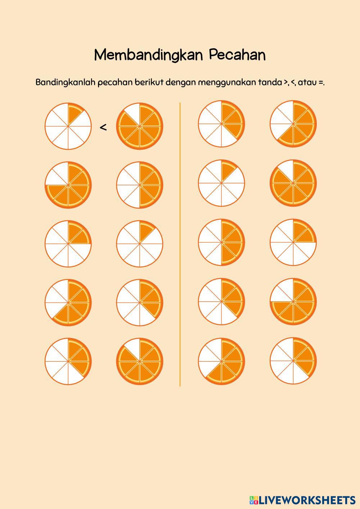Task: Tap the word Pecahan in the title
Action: [237, 55]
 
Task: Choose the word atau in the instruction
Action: [307, 82]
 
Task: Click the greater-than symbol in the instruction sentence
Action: [285, 83]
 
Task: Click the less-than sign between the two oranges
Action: [103, 127]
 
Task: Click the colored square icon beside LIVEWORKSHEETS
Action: [253, 500]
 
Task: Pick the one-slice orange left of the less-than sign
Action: [68, 126]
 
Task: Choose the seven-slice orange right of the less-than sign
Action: [140, 126]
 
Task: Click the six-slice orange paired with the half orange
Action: [68, 185]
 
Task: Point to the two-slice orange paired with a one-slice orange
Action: [68, 244]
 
